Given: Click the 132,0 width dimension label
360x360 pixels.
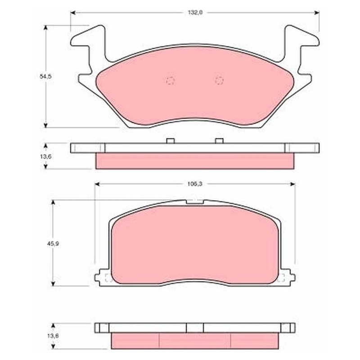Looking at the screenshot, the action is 195,13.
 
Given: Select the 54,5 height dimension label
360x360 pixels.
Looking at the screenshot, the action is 46,76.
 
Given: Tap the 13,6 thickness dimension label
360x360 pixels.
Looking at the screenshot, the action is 46,157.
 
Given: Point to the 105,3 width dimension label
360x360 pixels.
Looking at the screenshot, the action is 195,184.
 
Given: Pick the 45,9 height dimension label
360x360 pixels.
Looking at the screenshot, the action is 53,243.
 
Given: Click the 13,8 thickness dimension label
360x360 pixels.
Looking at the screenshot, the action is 53,336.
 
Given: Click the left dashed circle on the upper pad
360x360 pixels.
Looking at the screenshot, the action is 171,81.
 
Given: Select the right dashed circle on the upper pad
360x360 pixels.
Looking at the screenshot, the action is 219,81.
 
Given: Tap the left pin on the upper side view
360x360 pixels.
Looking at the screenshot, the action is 171,141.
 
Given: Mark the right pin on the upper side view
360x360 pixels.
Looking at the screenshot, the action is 219,141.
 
